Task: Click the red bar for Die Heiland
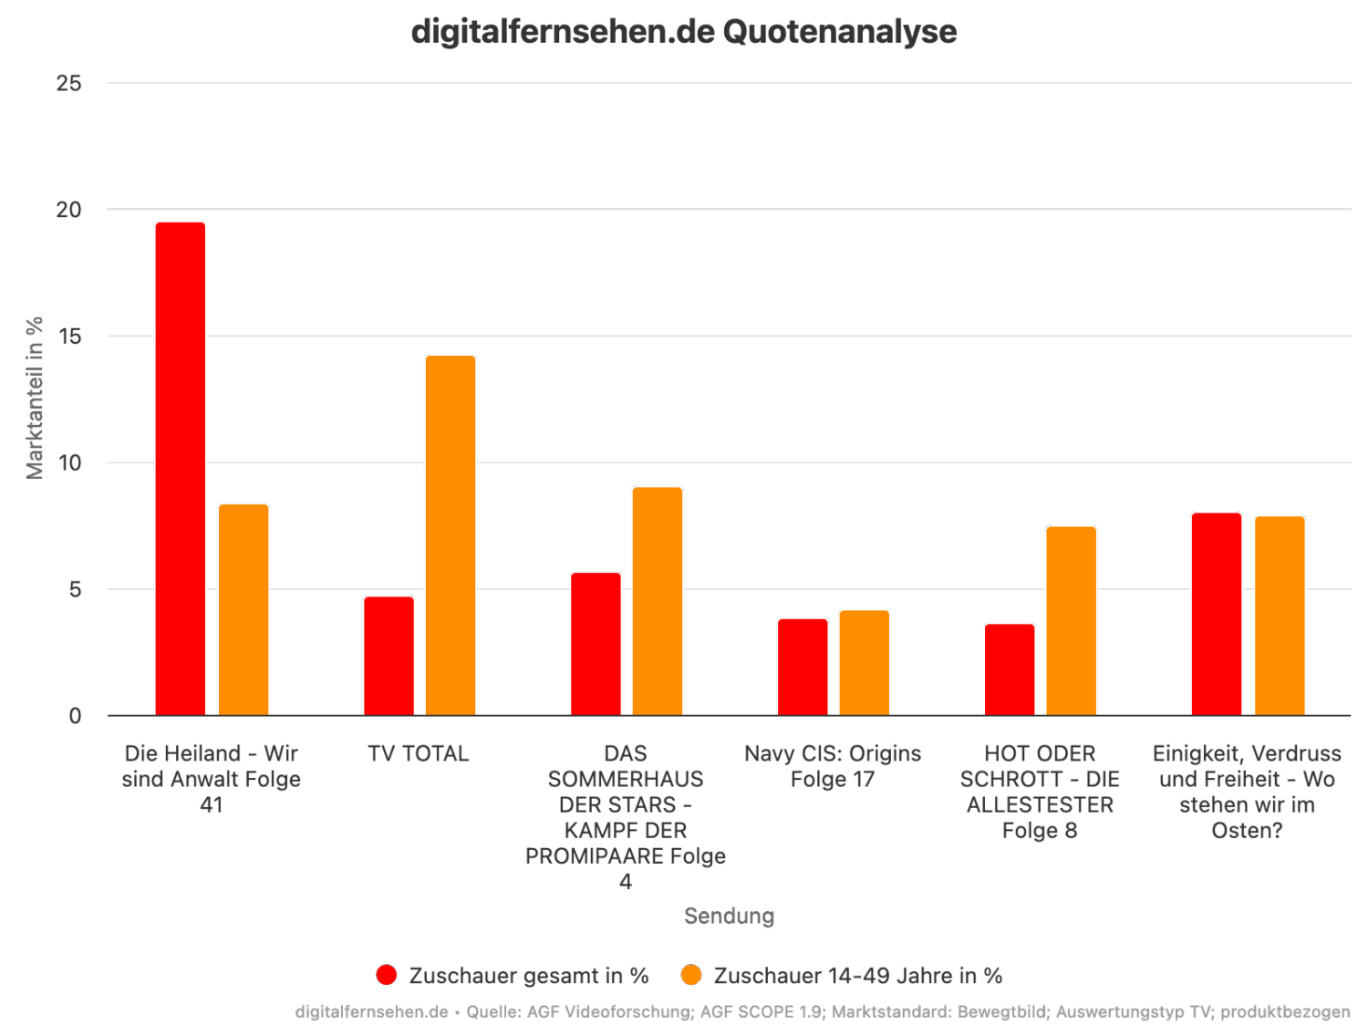point(181,468)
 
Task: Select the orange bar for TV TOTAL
point(451,535)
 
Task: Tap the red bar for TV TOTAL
point(389,656)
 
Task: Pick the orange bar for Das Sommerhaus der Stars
point(658,601)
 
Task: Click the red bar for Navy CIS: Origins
point(803,667)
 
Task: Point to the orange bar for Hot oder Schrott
point(1071,620)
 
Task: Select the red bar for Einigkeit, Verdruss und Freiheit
point(1216,614)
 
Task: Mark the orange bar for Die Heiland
point(244,609)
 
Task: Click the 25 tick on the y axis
point(69,83)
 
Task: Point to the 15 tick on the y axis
point(69,337)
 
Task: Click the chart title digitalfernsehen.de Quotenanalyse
point(684,32)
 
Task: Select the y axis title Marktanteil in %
point(35,398)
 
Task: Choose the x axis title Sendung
point(729,916)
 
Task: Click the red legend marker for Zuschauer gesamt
point(387,975)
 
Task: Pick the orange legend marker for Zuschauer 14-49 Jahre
point(692,975)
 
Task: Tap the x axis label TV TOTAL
point(419,754)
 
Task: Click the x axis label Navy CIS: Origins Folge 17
point(833,766)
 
